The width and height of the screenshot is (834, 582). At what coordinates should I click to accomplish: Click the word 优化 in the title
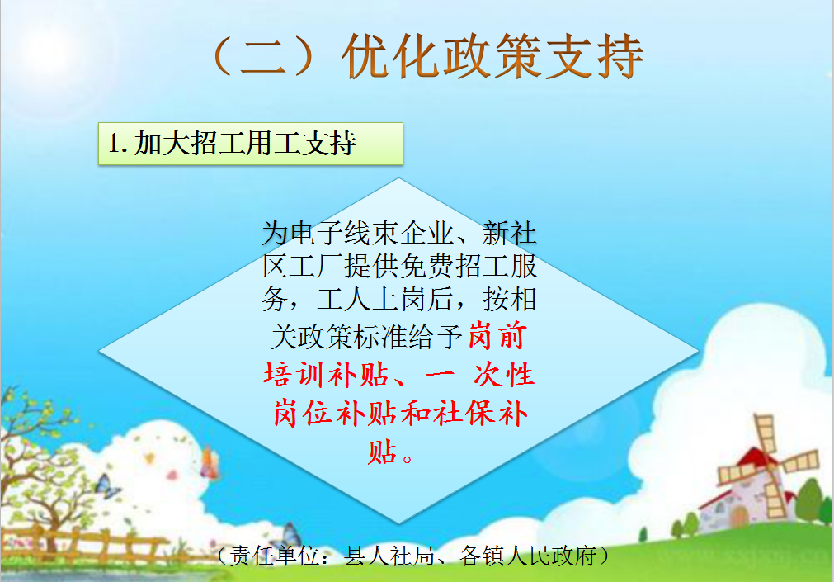click(x=391, y=56)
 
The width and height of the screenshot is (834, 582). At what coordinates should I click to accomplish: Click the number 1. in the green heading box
click(x=117, y=143)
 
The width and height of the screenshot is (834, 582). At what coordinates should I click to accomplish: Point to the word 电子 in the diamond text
click(x=317, y=234)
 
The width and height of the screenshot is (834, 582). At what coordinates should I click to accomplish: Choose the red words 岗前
click(x=498, y=337)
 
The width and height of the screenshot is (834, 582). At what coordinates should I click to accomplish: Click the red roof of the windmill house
click(x=752, y=458)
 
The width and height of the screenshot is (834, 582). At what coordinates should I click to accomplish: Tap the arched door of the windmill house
click(x=739, y=517)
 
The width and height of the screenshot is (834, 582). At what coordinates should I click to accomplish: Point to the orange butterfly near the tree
click(x=210, y=462)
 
